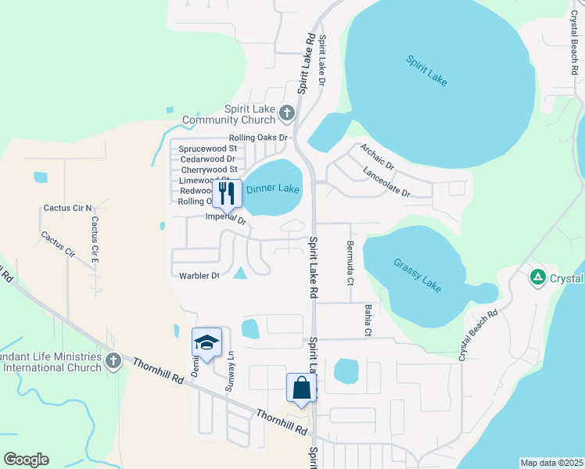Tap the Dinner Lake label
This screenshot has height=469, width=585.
coord(273,189)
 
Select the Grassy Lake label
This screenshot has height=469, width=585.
coord(418,274)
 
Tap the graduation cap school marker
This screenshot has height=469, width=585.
coord(206,342)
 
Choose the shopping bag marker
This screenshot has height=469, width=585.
coord(301,387)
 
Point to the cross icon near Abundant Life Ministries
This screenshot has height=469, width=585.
coord(113,361)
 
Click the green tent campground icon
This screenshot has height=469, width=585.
coord(537,277)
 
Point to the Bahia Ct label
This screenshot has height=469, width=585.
coord(366,321)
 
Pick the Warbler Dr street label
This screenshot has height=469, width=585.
coord(199,275)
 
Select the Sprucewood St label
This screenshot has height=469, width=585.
coord(208,148)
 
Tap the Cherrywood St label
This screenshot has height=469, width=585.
coord(209,169)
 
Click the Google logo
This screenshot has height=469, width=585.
coord(26,460)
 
